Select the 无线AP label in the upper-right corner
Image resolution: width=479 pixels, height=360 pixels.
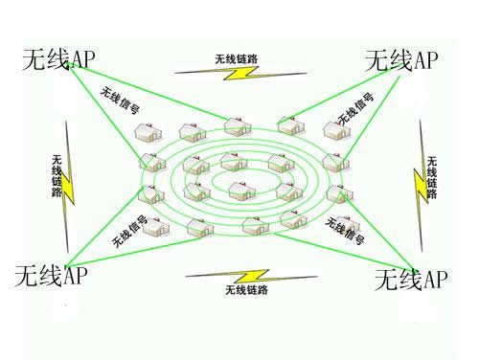[401, 60]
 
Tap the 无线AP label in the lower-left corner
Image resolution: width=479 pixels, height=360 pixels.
[54, 277]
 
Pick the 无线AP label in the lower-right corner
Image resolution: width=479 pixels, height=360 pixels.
[411, 280]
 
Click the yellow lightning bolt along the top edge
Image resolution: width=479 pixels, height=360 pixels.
[236, 71]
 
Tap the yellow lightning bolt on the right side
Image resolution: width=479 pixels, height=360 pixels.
[421, 177]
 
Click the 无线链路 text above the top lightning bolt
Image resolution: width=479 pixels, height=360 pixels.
[236, 58]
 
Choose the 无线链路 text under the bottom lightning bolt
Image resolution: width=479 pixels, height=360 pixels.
[245, 289]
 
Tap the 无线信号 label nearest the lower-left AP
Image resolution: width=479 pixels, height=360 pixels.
[128, 231]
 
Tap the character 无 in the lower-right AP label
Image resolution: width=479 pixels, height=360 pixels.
[383, 280]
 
